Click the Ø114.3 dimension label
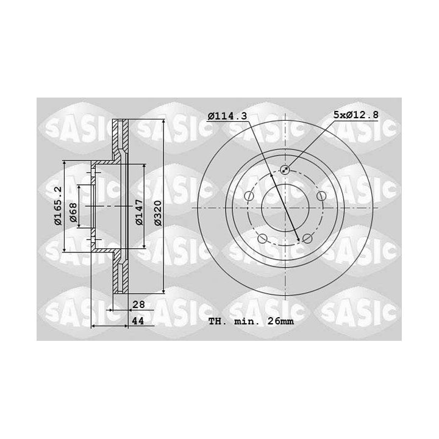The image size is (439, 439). point(227,116)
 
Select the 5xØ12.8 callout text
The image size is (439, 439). point(356,115)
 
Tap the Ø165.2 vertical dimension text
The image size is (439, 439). point(59,206)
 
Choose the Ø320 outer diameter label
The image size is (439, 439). point(158,213)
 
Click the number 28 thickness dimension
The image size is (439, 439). point(138,304)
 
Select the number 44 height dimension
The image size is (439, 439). point(138,321)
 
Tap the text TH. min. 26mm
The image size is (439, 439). point(251,321)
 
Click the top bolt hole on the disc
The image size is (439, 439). point(285,170)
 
